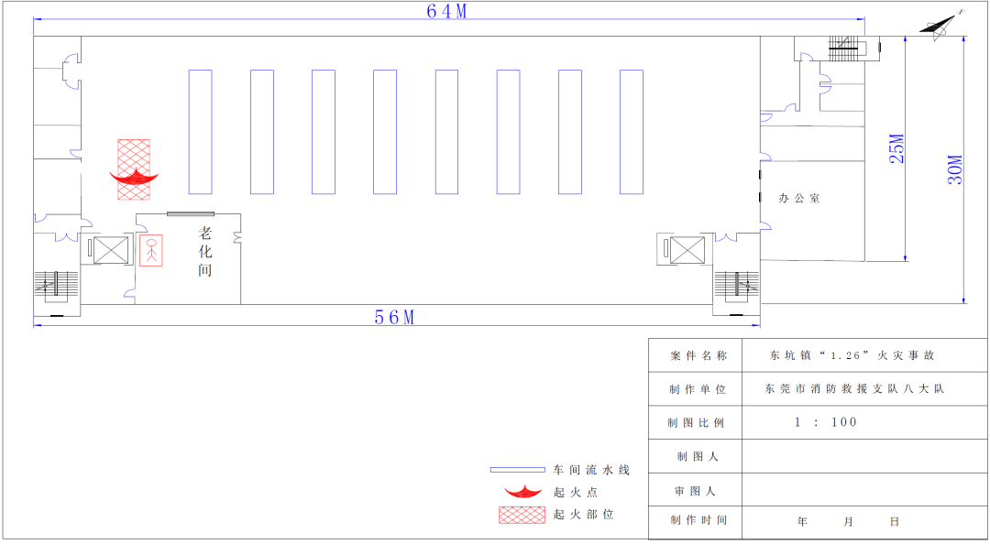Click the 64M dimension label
447,11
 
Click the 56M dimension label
394,317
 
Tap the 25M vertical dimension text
896,148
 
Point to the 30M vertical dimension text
954,169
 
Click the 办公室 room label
799,198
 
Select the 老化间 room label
205,252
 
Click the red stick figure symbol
151,250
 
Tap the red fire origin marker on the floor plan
134,177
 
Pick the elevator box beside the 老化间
111,250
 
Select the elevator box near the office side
687,250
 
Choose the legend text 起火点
576,492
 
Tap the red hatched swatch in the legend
522,515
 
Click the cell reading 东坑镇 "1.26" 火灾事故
852,355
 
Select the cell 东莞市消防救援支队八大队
854,388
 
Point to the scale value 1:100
825,422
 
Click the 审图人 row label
695,491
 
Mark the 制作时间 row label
698,520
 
